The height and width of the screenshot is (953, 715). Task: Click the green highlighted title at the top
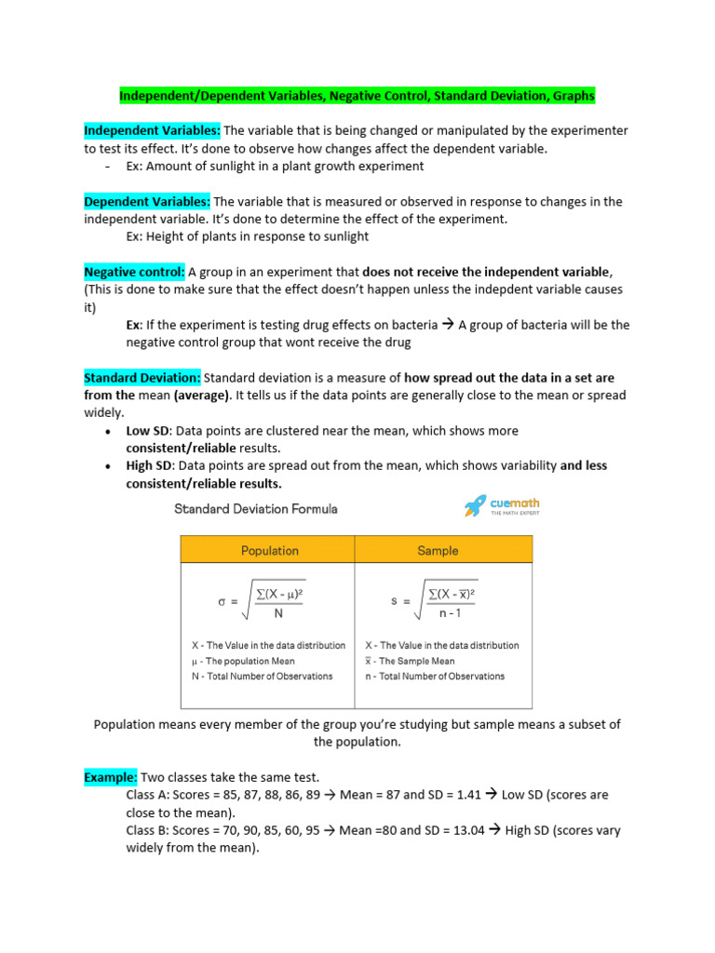pos(357,96)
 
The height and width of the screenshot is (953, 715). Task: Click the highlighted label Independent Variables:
pos(152,131)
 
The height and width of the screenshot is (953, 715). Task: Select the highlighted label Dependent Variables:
pos(147,202)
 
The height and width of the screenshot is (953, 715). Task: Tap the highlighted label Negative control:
pos(134,272)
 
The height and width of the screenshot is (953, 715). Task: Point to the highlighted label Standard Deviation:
pos(142,378)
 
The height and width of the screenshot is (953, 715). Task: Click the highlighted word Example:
pos(111,777)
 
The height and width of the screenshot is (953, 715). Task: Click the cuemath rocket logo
pos(476,506)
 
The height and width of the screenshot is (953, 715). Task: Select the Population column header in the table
pos(269,550)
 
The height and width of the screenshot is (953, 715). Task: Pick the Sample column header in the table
pos(438,550)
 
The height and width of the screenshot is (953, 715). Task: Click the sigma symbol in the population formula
pos(222,601)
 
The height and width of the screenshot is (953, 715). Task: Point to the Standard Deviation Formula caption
pos(256,509)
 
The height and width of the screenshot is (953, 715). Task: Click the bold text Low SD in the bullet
pos(148,431)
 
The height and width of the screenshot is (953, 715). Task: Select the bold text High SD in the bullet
pos(149,466)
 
